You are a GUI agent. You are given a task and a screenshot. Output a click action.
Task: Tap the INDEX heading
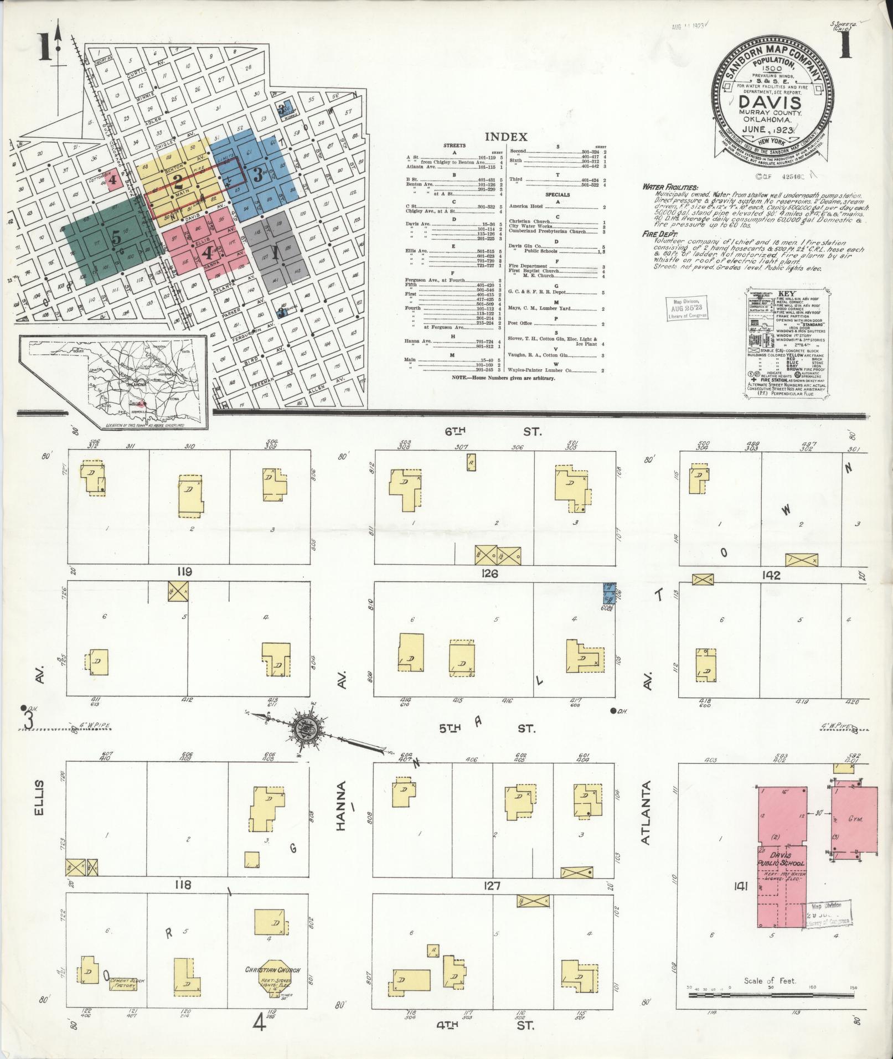pos(505,137)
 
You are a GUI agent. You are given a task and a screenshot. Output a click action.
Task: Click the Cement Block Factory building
pos(126,983)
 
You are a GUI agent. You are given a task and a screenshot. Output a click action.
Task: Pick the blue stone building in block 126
pos(609,593)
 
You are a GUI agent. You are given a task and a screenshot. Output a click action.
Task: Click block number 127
pos(492,886)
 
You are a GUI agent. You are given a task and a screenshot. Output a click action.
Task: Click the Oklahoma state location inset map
pos(113,382)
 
